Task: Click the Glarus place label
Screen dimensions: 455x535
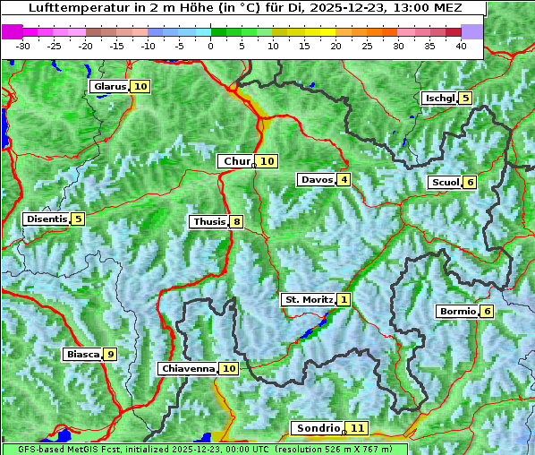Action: [108, 87]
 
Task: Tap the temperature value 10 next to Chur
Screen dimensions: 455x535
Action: [267, 161]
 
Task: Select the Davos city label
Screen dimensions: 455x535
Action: [317, 180]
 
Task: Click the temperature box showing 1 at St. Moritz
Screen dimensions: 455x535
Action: [344, 299]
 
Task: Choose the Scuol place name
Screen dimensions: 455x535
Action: [445, 183]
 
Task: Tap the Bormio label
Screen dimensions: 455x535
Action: [456, 312]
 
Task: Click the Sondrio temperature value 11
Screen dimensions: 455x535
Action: [357, 428]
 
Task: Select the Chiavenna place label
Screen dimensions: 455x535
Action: [188, 368]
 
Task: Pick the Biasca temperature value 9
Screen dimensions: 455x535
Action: [110, 355]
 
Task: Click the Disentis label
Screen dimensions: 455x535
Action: [47, 219]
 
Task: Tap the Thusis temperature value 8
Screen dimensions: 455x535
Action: [236, 222]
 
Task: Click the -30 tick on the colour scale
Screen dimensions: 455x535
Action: [23, 46]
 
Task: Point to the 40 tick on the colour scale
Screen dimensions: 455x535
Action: [461, 46]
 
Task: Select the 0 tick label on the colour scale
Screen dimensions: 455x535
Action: [210, 46]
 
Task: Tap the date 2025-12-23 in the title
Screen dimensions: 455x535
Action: [359, 8]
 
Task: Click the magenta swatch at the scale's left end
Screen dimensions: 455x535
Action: [12, 31]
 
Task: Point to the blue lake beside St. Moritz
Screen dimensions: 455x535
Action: [309, 332]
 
